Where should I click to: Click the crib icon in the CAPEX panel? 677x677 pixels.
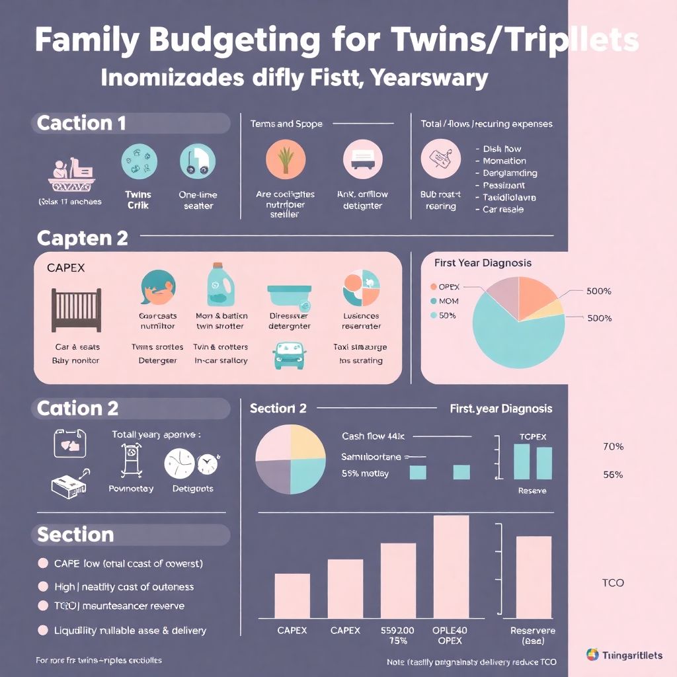pyautogui.click(x=76, y=309)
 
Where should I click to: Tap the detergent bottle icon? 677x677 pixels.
pyautogui.click(x=219, y=286)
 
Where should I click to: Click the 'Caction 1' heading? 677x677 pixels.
pyautogui.click(x=81, y=123)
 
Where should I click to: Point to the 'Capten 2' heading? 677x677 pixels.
pyautogui.click(x=83, y=238)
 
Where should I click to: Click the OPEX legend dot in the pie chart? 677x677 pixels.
pyautogui.click(x=434, y=287)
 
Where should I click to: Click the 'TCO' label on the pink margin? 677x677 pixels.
pyautogui.click(x=613, y=583)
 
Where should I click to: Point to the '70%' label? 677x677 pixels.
pyautogui.click(x=613, y=447)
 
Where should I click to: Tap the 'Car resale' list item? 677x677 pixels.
pyautogui.click(x=502, y=210)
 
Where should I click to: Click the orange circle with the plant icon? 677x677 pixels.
pyautogui.click(x=286, y=161)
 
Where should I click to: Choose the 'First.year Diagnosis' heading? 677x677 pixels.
pyautogui.click(x=500, y=409)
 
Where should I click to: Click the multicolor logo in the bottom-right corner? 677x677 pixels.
pyautogui.click(x=592, y=655)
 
